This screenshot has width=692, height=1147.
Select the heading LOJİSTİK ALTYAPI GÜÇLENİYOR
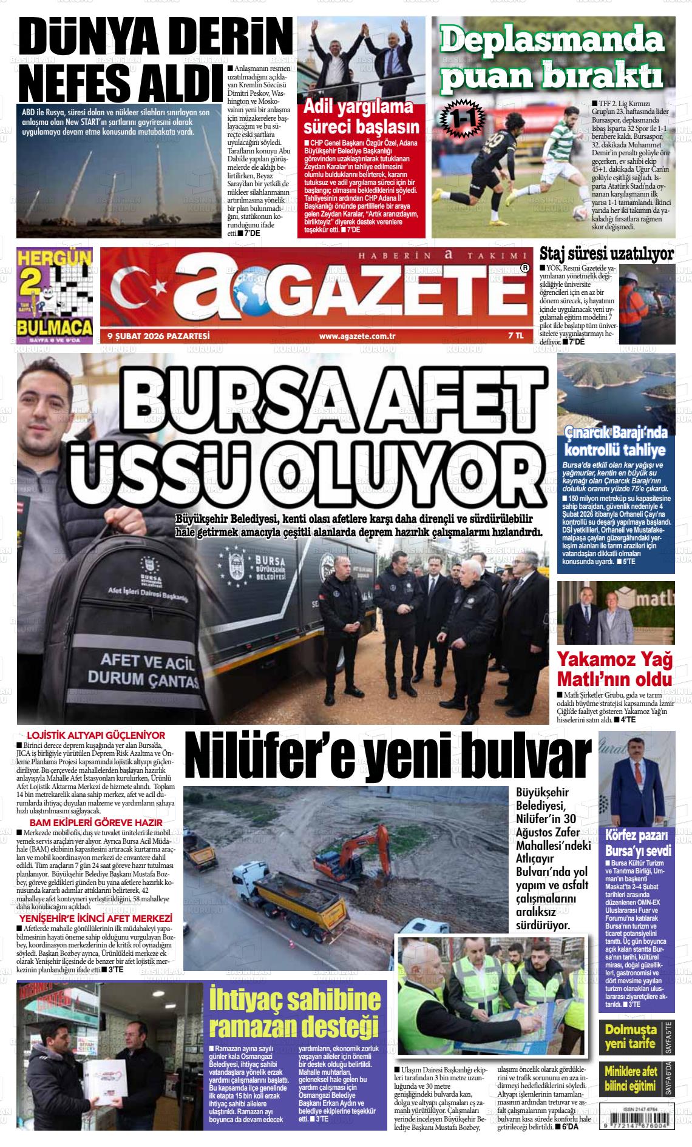coord(92,735)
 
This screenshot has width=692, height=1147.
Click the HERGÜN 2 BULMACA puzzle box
coord(56,297)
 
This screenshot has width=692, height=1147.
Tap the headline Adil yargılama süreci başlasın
coord(361,118)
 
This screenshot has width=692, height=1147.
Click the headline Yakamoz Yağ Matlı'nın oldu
coord(614,668)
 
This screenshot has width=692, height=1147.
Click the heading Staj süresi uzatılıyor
coord(606,253)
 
